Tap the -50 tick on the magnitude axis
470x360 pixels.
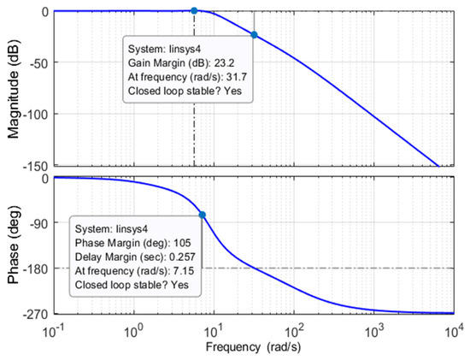click(38, 62)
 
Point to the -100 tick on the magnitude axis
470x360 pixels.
click(34, 114)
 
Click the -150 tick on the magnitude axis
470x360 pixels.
click(34, 163)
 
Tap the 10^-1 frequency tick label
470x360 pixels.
click(56, 329)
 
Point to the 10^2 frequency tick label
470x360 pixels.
click(294, 329)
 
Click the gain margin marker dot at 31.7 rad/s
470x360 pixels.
click(254, 35)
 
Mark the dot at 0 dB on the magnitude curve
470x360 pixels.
click(194, 10)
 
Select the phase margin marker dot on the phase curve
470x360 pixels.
click(203, 215)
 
